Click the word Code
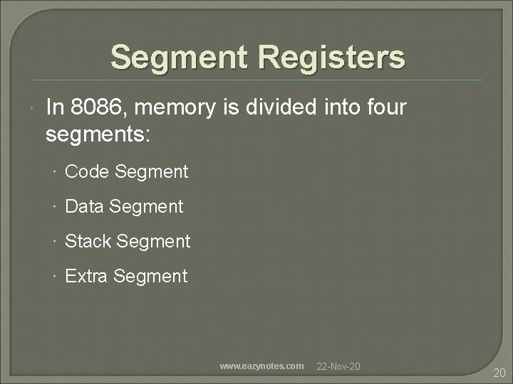coord(87,171)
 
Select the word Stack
coord(88,241)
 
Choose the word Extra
coord(86,276)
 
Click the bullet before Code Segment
coord(55,172)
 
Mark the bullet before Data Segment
coord(55,207)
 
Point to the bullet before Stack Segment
coord(55,242)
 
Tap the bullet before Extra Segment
coord(55,277)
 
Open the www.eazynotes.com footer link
coord(261,366)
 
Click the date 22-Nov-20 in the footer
coord(338,366)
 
